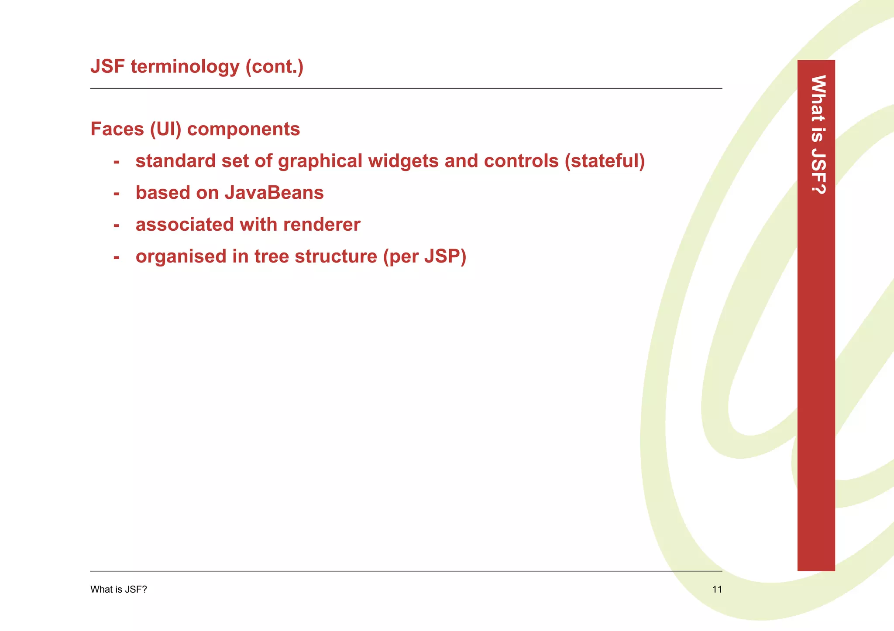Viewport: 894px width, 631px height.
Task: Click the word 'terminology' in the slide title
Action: pyautogui.click(x=185, y=67)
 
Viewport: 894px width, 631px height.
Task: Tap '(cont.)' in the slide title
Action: pyautogui.click(x=274, y=67)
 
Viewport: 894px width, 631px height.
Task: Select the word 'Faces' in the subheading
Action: pyautogui.click(x=117, y=129)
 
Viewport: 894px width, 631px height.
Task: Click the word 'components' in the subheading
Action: pyautogui.click(x=243, y=130)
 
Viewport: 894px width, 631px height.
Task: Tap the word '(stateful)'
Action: pyautogui.click(x=605, y=161)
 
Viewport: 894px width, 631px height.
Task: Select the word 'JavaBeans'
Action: pyautogui.click(x=274, y=193)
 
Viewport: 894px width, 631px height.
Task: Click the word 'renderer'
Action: pyautogui.click(x=322, y=225)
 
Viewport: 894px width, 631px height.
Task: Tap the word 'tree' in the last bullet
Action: pyautogui.click(x=272, y=256)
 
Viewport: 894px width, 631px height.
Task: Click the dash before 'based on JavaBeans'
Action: pyautogui.click(x=116, y=193)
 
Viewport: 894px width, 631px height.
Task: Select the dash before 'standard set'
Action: pyautogui.click(x=116, y=161)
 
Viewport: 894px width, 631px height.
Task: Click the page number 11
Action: pyautogui.click(x=717, y=590)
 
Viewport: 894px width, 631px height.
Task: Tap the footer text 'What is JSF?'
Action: pyautogui.click(x=119, y=590)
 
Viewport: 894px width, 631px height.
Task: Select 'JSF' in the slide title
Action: pyautogui.click(x=107, y=67)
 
